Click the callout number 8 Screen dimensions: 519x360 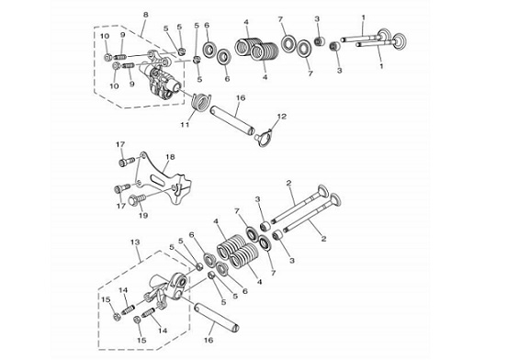(145, 15)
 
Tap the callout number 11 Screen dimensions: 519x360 (185, 124)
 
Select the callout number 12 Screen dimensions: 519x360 (282, 117)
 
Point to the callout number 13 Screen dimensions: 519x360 (135, 242)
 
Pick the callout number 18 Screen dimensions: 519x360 (170, 156)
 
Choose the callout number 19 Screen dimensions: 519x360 (143, 216)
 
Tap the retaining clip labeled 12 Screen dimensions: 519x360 (264, 137)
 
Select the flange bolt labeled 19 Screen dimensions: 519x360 (137, 199)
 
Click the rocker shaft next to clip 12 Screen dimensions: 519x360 (232, 119)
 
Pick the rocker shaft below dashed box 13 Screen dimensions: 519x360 (217, 317)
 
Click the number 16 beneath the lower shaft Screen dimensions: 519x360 (209, 340)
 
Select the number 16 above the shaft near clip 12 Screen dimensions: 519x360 (241, 98)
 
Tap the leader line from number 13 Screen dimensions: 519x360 (139, 253)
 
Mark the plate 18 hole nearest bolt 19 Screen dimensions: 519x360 (174, 189)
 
